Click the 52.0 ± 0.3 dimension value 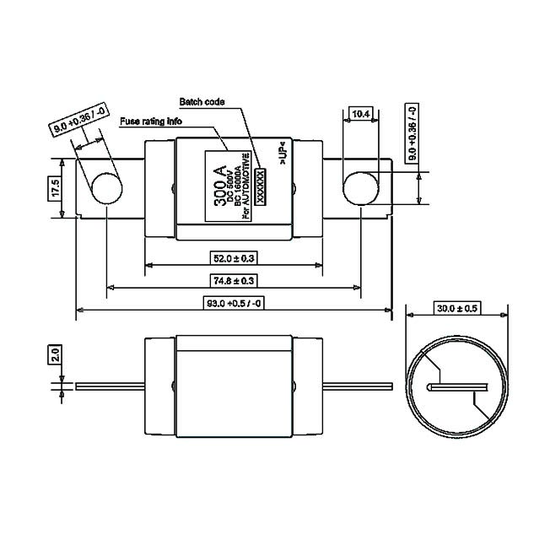tap(232, 256)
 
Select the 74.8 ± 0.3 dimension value tap(233, 280)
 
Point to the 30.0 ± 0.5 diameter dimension tap(456, 309)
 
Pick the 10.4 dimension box tap(360, 113)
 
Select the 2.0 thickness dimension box tap(55, 353)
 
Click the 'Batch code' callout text tap(202, 100)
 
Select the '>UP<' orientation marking tap(284, 158)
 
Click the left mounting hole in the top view tap(106, 187)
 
